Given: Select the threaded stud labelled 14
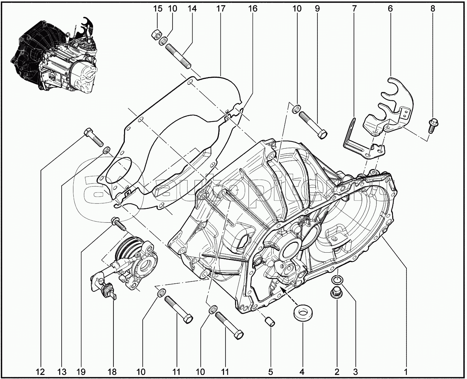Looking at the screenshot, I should tap(178, 54).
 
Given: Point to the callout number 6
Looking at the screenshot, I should tap(390, 8).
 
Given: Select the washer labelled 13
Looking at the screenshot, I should tap(107, 150).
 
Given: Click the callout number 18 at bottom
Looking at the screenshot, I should tap(112, 372).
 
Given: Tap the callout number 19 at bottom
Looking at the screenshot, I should tap(81, 372).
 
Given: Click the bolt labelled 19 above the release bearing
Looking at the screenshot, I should tap(118, 223).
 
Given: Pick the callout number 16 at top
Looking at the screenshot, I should tap(252, 8).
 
